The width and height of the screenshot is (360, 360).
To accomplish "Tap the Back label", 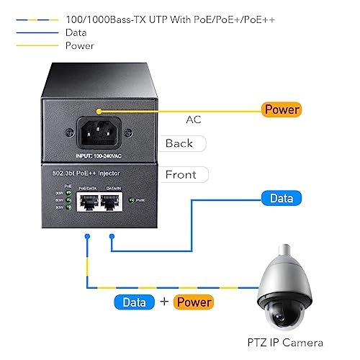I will [179, 143].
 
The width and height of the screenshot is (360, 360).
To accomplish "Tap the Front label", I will [181, 174].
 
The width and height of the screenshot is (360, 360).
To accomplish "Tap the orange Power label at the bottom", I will [193, 302].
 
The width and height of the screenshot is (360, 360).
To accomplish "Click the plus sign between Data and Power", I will [163, 302].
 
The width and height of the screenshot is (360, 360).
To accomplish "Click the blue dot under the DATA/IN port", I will [110, 235].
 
